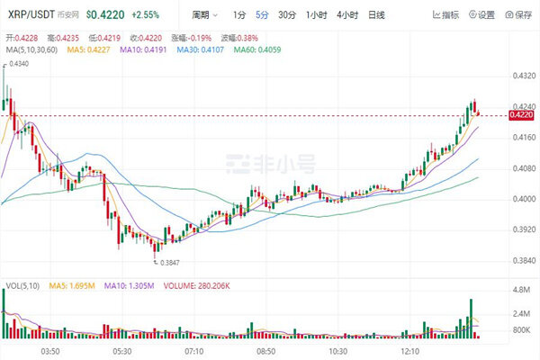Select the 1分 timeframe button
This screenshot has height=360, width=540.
click(238, 15)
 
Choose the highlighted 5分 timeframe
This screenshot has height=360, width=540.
click(261, 15)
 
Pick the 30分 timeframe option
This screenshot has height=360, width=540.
click(286, 15)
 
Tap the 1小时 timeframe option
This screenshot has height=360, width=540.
click(316, 15)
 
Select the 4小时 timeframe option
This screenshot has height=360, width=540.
click(347, 15)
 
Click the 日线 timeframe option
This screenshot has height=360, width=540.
click(377, 15)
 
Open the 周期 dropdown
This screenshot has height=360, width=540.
click(206, 15)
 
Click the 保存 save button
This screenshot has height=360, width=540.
click(519, 15)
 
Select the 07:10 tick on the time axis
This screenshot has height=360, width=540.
click(194, 351)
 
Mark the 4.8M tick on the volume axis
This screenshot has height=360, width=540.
click(523, 290)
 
